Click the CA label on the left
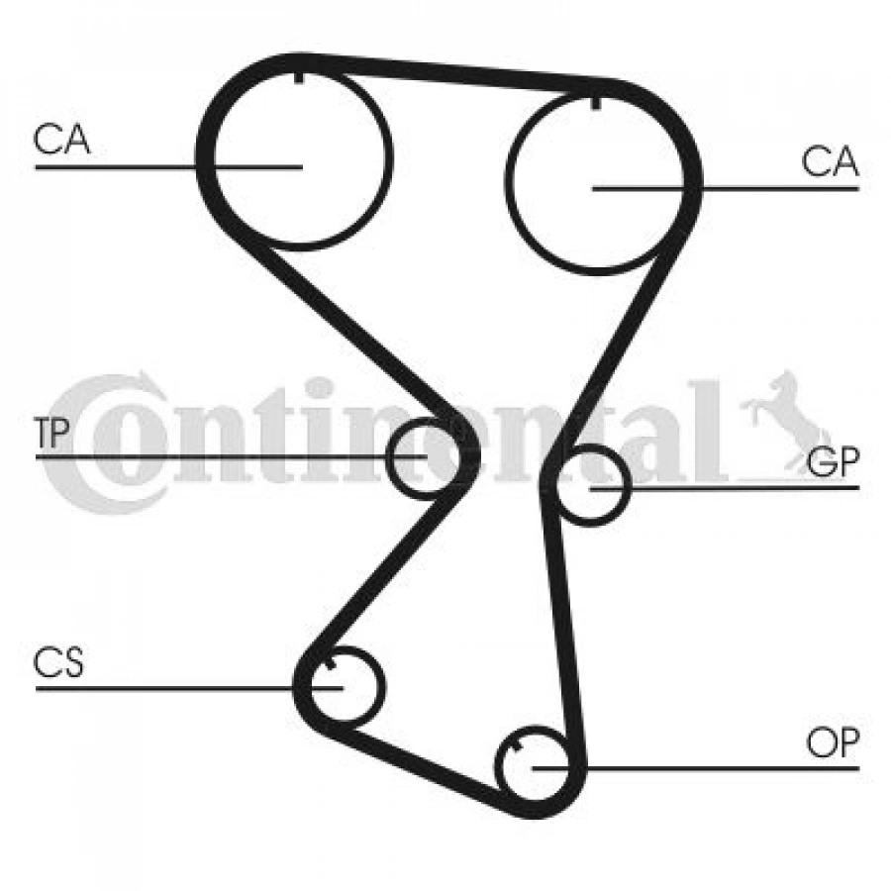click(x=61, y=140)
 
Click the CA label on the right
click(x=829, y=160)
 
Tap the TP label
click(x=51, y=433)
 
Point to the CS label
click(x=58, y=662)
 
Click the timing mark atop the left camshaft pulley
click(x=299, y=76)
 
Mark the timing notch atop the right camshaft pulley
click(x=595, y=102)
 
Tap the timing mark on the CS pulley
click(x=330, y=663)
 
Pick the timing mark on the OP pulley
click(x=516, y=744)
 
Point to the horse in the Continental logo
click(x=786, y=422)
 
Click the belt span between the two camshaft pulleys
click(x=454, y=71)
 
